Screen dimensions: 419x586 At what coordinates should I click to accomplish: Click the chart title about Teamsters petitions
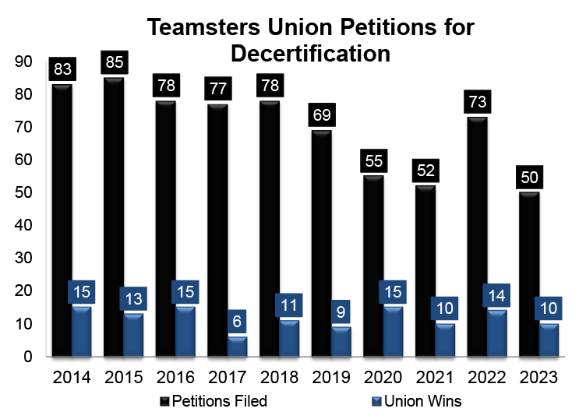coord(310,40)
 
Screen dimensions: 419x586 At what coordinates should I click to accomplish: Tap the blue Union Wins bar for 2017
coord(238,347)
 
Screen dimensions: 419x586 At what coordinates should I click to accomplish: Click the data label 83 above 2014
coord(63,69)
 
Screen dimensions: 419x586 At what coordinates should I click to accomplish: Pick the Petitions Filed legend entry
coord(214,402)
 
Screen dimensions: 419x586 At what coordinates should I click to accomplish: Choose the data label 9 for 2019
coord(341,312)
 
